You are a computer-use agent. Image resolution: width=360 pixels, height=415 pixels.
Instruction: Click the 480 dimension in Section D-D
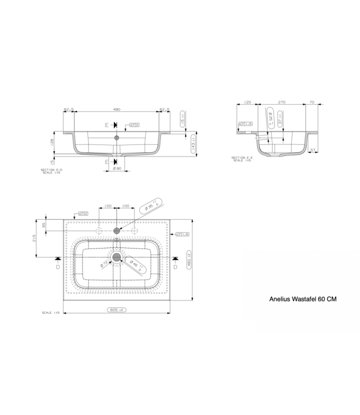pyautogui.click(x=117, y=110)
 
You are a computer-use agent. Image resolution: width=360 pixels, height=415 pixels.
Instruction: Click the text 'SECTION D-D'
pyautogui.click(x=52, y=170)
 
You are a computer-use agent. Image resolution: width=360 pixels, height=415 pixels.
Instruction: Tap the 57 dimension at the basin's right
pyautogui.click(x=313, y=150)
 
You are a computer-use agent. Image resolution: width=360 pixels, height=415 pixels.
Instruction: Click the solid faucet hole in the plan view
pyautogui.click(x=117, y=230)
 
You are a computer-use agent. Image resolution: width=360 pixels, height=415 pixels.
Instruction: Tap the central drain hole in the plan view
pyautogui.click(x=117, y=256)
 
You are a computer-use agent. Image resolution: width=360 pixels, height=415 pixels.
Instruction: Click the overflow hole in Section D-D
pyautogui.click(x=117, y=137)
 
